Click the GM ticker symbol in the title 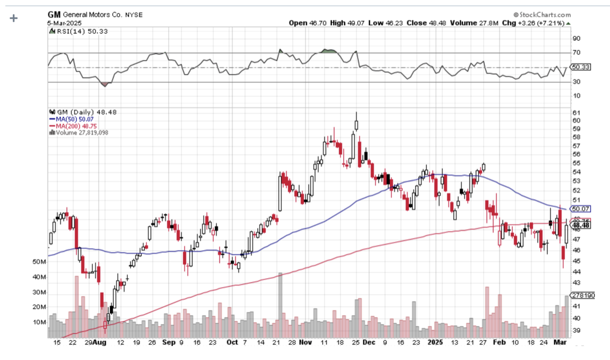54,15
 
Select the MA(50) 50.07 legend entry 69,119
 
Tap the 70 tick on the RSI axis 576,53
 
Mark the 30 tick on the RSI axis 576,82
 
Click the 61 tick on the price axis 576,112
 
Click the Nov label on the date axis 305,342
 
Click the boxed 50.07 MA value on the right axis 581,208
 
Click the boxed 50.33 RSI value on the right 581,67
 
